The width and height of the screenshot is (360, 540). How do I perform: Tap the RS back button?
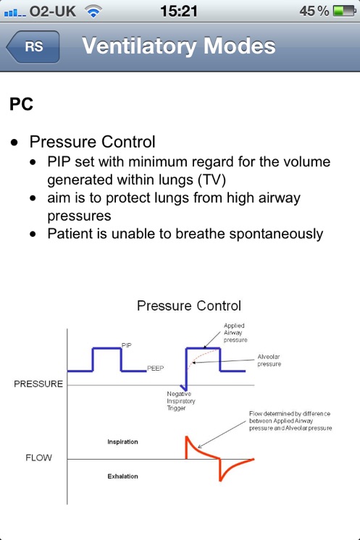33,46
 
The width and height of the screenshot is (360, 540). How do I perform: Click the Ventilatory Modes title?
179,46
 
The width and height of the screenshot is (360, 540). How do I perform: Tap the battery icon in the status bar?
345,11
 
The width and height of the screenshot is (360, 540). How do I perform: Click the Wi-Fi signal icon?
93,11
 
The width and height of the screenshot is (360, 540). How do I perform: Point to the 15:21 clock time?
179,11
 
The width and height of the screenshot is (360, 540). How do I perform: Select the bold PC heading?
21,104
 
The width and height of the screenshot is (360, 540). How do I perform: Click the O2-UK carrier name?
53,12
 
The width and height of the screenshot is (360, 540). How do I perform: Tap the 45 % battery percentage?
314,12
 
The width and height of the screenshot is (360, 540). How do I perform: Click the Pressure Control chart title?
189,305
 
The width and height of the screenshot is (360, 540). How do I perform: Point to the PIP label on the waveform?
127,345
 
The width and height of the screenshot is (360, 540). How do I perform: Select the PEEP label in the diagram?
155,368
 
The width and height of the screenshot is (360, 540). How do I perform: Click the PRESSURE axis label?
38,384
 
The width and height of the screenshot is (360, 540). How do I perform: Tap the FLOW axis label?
38,457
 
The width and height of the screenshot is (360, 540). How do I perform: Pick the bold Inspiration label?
122,442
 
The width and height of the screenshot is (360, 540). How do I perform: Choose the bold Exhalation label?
122,476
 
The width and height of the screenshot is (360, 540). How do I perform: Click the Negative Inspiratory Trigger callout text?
181,401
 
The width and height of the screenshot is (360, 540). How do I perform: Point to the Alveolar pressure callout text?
269,360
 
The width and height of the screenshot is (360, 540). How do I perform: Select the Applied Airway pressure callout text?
235,333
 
